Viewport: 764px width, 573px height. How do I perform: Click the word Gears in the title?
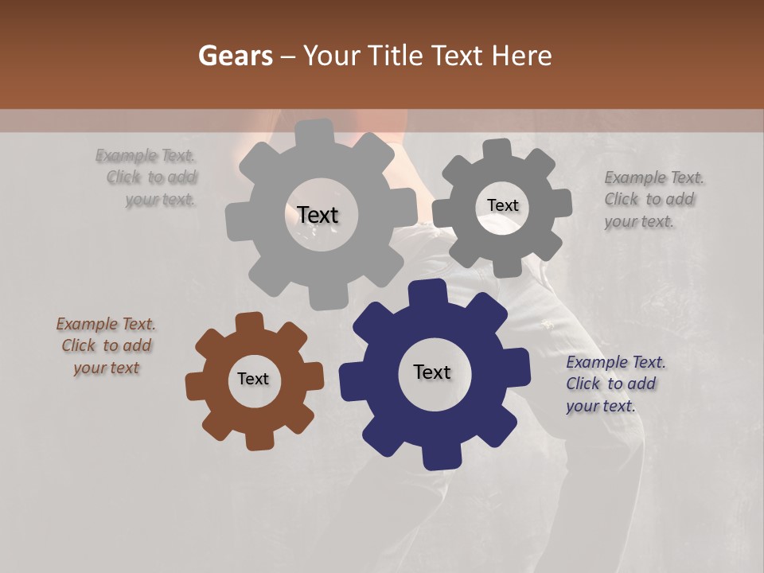click(235, 56)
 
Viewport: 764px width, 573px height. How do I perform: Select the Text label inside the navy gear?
click(432, 372)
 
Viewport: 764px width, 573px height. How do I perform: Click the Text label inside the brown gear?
click(253, 379)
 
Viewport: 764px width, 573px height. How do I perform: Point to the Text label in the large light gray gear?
click(318, 215)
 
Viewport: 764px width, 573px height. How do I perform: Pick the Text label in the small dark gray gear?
click(503, 205)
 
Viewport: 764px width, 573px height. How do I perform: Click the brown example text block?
click(106, 346)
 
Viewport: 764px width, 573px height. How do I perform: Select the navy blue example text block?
click(615, 384)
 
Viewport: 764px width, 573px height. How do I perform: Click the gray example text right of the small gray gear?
click(653, 200)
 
